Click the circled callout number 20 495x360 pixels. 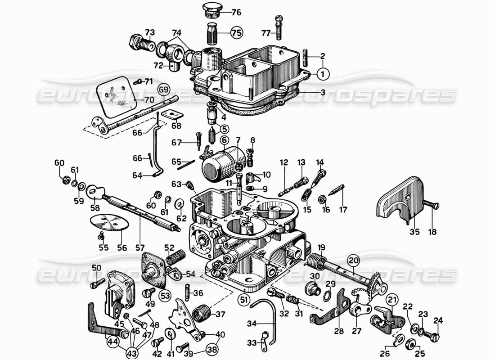pyautogui.click(x=353, y=260)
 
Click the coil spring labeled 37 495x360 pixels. pyautogui.click(x=202, y=312)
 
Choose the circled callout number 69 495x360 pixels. pyautogui.click(x=163, y=89)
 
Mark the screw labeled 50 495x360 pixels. pyautogui.click(x=95, y=284)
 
